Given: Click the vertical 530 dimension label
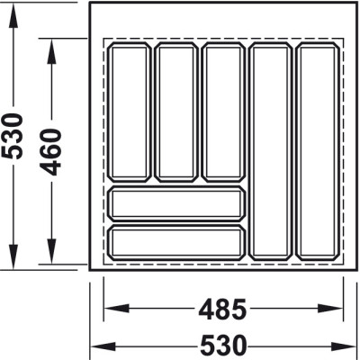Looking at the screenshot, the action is tap(13, 136).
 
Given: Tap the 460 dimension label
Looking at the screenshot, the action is tap(51, 152).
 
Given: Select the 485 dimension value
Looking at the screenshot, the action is tap(222, 309).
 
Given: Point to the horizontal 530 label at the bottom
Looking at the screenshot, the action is tap(223, 346).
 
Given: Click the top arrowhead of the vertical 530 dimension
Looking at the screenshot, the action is tap(13, 15).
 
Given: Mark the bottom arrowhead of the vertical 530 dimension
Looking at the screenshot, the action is tap(13, 256).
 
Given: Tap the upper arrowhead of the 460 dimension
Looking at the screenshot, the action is tap(51, 51).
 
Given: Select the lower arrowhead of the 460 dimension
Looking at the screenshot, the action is tap(51, 252).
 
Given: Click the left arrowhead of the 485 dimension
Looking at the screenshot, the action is tap(116, 309).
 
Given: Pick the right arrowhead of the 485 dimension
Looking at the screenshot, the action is tap(330, 309).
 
